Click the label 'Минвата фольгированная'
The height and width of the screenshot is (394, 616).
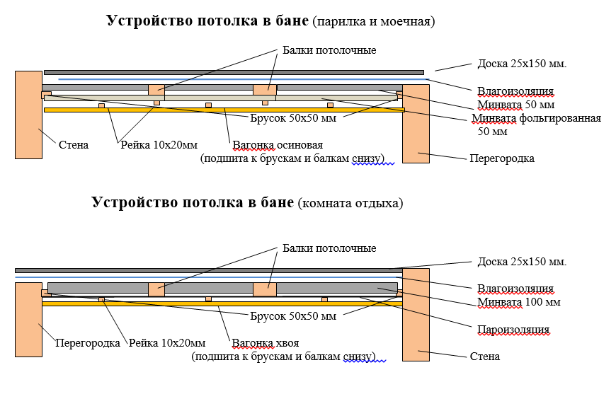(x=536, y=118)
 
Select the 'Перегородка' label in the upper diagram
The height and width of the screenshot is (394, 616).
(x=501, y=158)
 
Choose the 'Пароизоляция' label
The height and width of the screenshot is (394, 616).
(x=514, y=330)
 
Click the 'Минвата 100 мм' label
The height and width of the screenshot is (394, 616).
(x=519, y=302)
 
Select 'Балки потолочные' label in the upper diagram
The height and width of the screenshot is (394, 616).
(x=329, y=51)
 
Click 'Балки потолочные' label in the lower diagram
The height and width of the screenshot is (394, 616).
(x=329, y=248)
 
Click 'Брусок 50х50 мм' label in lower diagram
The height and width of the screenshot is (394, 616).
(x=292, y=315)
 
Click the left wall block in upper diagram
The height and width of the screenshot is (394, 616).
(x=28, y=114)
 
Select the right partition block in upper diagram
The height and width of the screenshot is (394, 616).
(x=416, y=124)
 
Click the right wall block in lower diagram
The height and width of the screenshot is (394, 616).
(x=416, y=314)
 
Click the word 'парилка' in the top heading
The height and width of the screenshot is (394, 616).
(x=336, y=22)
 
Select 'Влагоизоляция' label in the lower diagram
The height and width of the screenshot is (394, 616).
(x=515, y=289)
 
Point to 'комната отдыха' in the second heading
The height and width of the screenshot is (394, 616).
(x=351, y=203)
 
